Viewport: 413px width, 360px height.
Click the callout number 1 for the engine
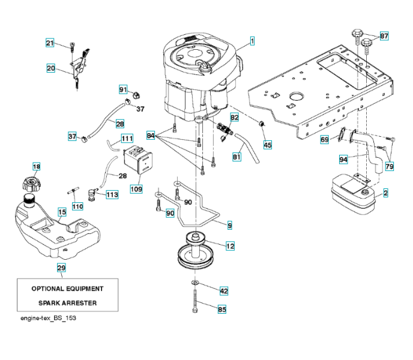pyautogui.click(x=252, y=41)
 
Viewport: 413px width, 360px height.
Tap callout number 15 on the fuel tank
pyautogui.click(x=61, y=212)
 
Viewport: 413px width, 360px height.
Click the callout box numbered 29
pyautogui.click(x=61, y=268)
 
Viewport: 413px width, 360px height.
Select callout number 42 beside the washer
pyautogui.click(x=223, y=290)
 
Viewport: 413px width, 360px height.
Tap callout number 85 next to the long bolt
pyautogui.click(x=222, y=310)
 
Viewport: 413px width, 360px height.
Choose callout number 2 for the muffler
pyautogui.click(x=385, y=193)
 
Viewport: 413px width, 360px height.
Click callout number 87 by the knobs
pyautogui.click(x=384, y=36)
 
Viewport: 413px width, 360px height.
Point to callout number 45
pyautogui.click(x=267, y=145)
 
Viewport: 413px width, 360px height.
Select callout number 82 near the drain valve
pyautogui.click(x=234, y=118)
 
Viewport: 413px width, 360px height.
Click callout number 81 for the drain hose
pyautogui.click(x=237, y=157)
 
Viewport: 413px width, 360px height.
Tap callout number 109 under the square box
pyautogui.click(x=136, y=189)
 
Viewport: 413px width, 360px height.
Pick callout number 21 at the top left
pyautogui.click(x=50, y=43)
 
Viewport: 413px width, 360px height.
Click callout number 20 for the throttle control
pyautogui.click(x=51, y=68)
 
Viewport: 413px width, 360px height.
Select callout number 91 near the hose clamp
pyautogui.click(x=123, y=89)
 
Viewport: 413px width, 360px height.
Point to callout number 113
pyautogui.click(x=112, y=195)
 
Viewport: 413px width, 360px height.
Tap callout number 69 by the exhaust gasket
pyautogui.click(x=324, y=139)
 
